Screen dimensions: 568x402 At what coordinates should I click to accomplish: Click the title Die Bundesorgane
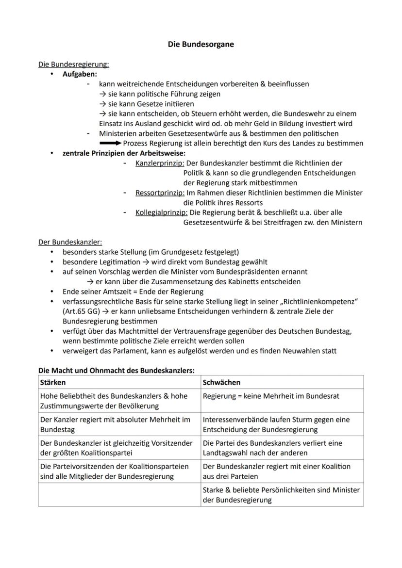pos(201,44)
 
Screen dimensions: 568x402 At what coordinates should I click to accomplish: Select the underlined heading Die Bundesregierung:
pos(74,64)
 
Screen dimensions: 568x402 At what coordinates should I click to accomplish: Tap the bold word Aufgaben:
pos(80,74)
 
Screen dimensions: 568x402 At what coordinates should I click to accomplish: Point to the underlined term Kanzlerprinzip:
pos(160,163)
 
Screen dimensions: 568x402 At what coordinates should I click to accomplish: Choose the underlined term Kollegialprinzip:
pos(162,212)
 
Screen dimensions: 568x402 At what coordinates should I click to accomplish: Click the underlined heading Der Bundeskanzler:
pos(70,242)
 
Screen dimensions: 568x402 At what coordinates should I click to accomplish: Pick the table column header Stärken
pos(53,382)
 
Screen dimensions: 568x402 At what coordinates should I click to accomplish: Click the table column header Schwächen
pos(221,382)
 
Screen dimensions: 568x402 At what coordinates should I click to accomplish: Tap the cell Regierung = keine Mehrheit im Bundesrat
pos(271,396)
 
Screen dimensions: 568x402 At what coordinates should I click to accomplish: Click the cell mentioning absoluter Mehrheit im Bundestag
pos(119,424)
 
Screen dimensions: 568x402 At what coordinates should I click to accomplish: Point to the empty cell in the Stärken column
pos(119,495)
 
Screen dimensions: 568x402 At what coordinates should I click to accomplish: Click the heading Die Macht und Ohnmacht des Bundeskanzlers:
pos(116,371)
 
